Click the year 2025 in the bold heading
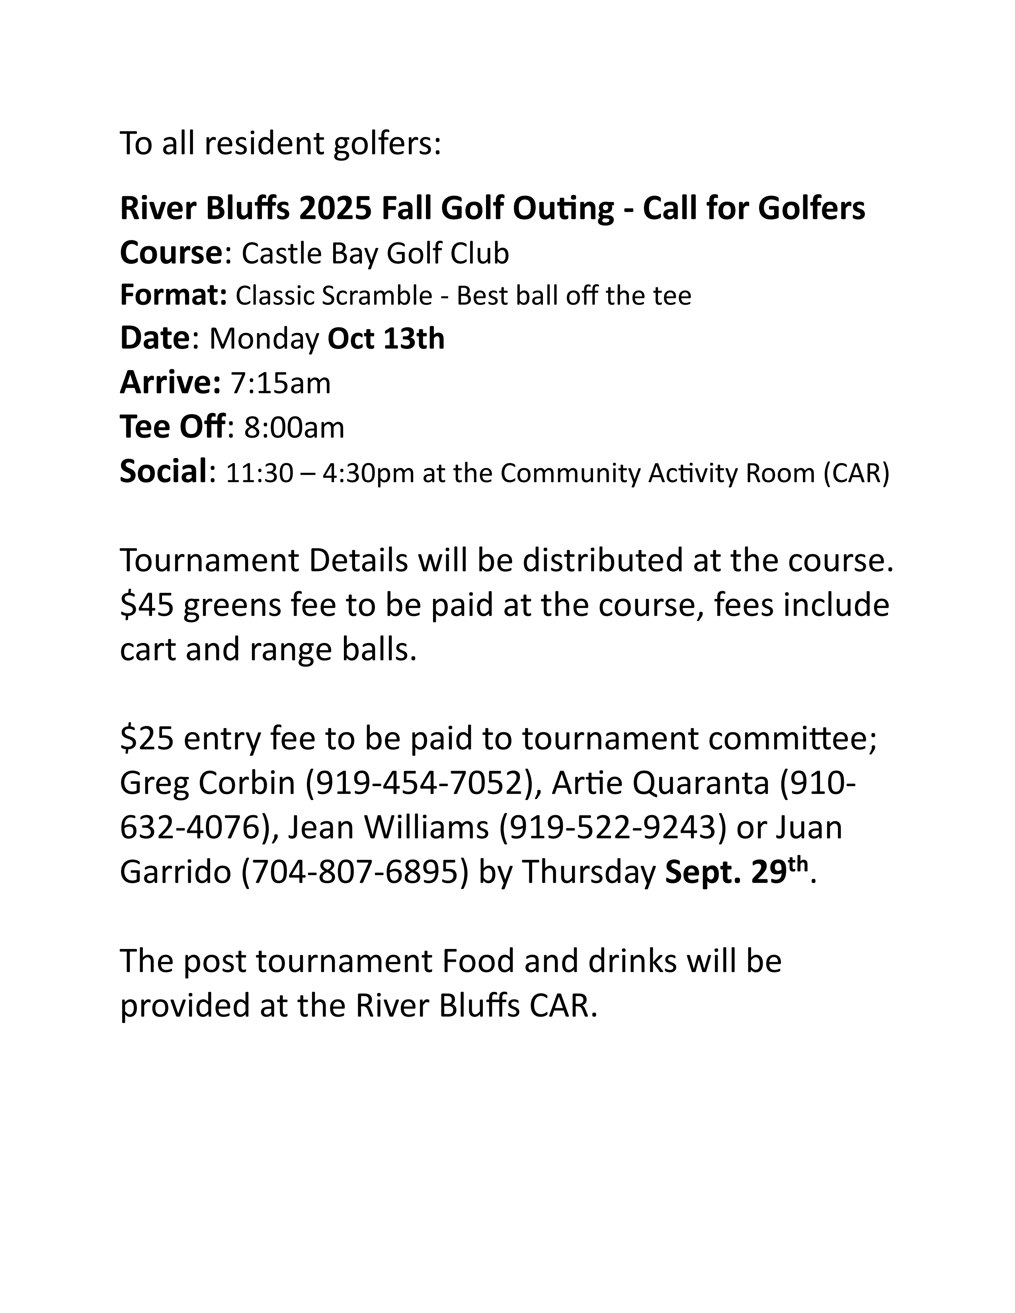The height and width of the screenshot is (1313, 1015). (x=334, y=208)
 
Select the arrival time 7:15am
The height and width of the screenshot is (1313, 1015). (x=281, y=383)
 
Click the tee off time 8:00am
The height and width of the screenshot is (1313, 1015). (x=294, y=427)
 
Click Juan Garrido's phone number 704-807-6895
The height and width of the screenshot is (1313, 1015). (x=355, y=872)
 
